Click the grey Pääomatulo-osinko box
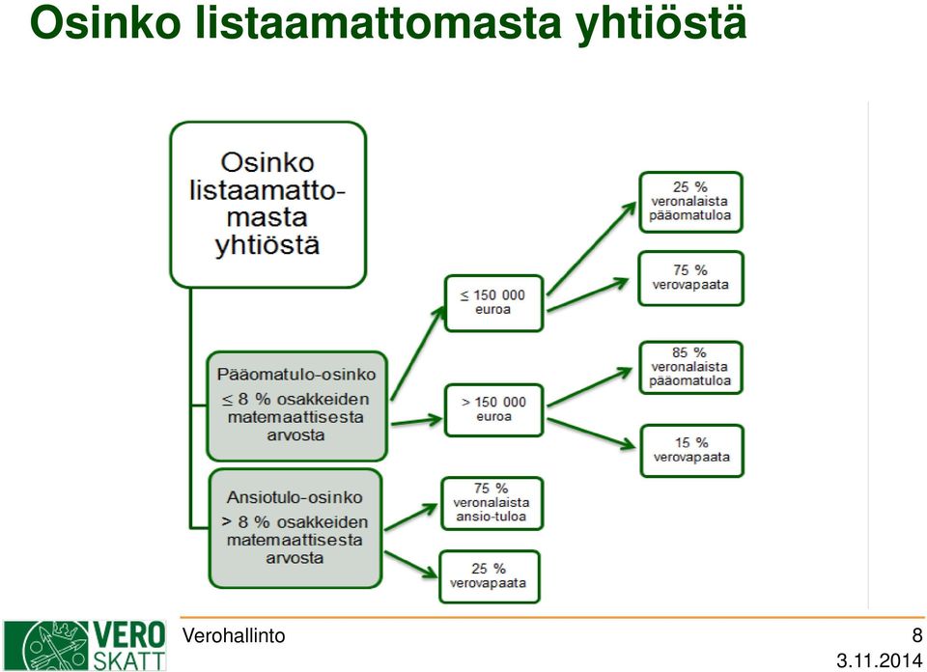(296, 406)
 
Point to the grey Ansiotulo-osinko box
(295, 528)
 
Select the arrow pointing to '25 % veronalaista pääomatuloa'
(591, 248)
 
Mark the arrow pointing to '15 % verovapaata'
(592, 434)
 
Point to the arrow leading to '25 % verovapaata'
(411, 565)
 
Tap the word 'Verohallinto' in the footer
(234, 636)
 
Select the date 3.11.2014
(879, 660)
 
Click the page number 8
(917, 634)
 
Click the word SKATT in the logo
(128, 660)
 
